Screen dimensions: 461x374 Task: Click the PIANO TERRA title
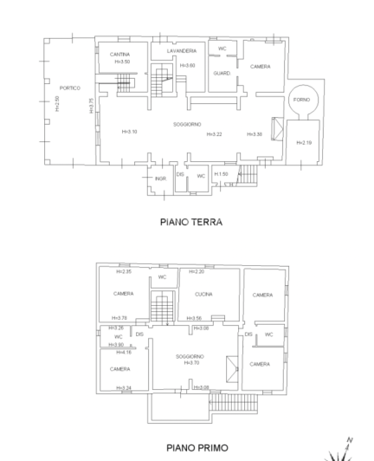click(191, 222)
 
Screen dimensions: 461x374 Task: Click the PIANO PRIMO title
click(191, 448)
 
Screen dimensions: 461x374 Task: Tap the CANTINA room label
click(119, 55)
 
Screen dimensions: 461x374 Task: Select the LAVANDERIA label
click(181, 51)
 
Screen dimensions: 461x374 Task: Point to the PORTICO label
click(70, 88)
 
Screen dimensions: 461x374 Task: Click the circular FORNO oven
click(302, 99)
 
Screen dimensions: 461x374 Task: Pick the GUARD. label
click(222, 74)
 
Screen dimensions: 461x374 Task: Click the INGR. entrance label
click(160, 179)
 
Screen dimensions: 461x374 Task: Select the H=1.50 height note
click(222, 173)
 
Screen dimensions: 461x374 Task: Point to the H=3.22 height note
click(215, 134)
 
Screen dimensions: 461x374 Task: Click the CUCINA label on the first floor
click(203, 294)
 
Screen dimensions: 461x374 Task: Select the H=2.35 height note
click(123, 271)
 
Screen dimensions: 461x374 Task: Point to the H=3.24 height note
click(123, 386)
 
